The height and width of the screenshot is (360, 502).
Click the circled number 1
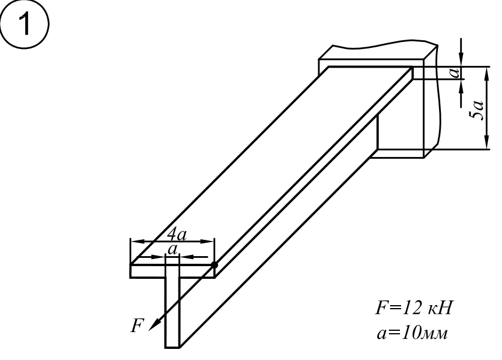[24, 25]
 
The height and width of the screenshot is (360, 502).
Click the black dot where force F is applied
[214, 265]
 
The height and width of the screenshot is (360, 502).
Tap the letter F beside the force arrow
[138, 326]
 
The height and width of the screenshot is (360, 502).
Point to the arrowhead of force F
[154, 325]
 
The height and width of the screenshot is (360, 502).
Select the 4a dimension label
[177, 235]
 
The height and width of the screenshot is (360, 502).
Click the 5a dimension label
[477, 110]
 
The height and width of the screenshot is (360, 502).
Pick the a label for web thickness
[173, 250]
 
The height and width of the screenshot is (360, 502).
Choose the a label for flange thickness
[455, 73]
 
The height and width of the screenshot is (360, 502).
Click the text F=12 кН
[414, 308]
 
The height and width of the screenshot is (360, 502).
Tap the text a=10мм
[412, 333]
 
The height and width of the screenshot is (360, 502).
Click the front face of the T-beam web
[172, 312]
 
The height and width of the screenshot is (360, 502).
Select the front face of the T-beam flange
[172, 271]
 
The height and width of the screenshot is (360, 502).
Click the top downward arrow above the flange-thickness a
[461, 52]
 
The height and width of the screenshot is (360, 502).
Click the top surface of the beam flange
[272, 166]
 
